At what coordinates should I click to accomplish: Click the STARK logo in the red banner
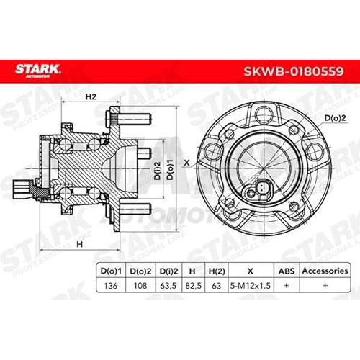coord(37,71)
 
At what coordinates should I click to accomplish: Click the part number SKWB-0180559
coord(294,71)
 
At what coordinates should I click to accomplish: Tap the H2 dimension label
coord(91,96)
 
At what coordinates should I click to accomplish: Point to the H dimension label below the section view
coord(79,244)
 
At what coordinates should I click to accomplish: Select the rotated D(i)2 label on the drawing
coord(158,170)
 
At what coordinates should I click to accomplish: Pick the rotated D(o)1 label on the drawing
coord(170,169)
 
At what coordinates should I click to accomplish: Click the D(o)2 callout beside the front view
coord(335,118)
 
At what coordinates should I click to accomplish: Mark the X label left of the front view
coord(186,163)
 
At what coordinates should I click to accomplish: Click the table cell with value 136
coord(111,286)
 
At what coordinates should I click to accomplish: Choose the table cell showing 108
coord(140,286)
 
